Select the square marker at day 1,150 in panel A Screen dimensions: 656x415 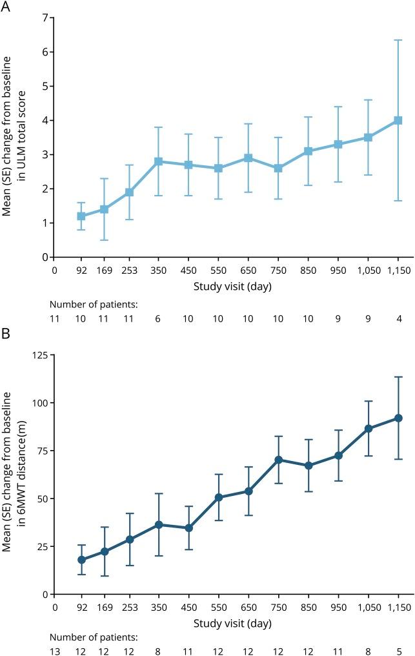tap(398, 120)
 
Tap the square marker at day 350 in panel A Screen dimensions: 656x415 tap(158, 161)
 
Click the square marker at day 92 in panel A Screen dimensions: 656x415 tap(81, 216)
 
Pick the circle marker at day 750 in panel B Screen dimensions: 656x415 tap(278, 460)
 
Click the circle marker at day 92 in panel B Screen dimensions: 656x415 tap(81, 560)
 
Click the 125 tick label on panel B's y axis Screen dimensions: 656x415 tap(41, 355)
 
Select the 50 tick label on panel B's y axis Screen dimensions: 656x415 tap(43, 498)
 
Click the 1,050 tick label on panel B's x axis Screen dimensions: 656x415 tap(368, 607)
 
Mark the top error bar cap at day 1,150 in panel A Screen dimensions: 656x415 tap(398, 40)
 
